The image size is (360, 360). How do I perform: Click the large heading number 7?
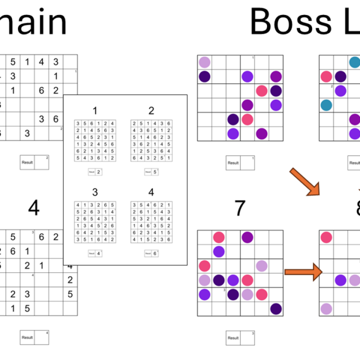[x=240, y=208]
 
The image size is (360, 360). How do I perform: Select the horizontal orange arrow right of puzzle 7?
[x=302, y=272]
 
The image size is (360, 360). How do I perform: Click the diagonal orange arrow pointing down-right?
[x=304, y=182]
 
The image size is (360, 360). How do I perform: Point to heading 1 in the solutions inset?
[x=95, y=110]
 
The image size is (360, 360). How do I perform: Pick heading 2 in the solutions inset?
[x=151, y=110]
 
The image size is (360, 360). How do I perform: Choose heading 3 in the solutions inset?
[x=95, y=193]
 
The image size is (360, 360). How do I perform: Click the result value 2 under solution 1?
[x=98, y=172]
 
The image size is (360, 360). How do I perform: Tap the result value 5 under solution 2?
[x=155, y=172]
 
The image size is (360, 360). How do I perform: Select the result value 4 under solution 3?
[x=98, y=253]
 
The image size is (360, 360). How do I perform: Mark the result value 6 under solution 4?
[x=155, y=253]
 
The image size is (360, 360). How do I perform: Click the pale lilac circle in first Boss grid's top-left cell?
[x=205, y=62]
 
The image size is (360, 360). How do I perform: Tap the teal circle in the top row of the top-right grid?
[x=355, y=62]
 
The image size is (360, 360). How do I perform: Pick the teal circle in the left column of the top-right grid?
[x=326, y=105]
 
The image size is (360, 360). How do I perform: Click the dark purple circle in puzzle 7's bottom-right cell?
[x=275, y=308]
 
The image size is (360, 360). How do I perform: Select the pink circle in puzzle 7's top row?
[x=219, y=238]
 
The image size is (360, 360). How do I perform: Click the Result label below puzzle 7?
[x=233, y=338]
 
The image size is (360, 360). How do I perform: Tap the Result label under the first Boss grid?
[x=233, y=163]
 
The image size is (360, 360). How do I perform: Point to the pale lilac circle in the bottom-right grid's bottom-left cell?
[x=326, y=308]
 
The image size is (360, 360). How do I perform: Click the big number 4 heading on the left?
[x=34, y=208]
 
